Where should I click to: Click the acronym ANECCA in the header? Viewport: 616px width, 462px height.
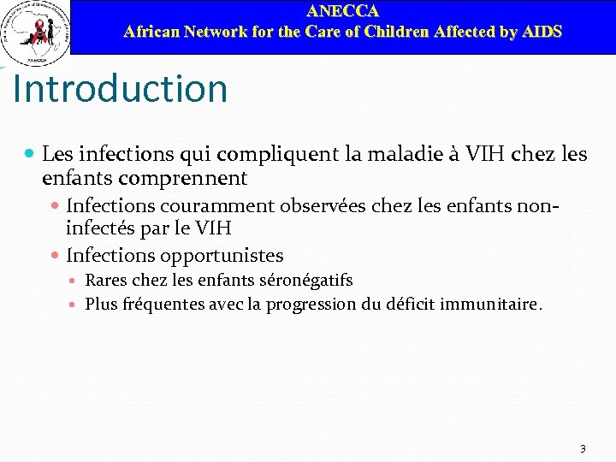tap(342, 11)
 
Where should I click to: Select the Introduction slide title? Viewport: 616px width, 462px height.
tap(121, 89)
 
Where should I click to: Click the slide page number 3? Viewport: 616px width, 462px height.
tap(583, 448)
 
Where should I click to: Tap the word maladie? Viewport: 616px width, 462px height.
tap(405, 154)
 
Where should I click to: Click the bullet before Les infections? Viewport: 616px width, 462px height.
tap(30, 154)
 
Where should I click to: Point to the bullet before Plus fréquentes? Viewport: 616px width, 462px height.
tap(75, 304)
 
